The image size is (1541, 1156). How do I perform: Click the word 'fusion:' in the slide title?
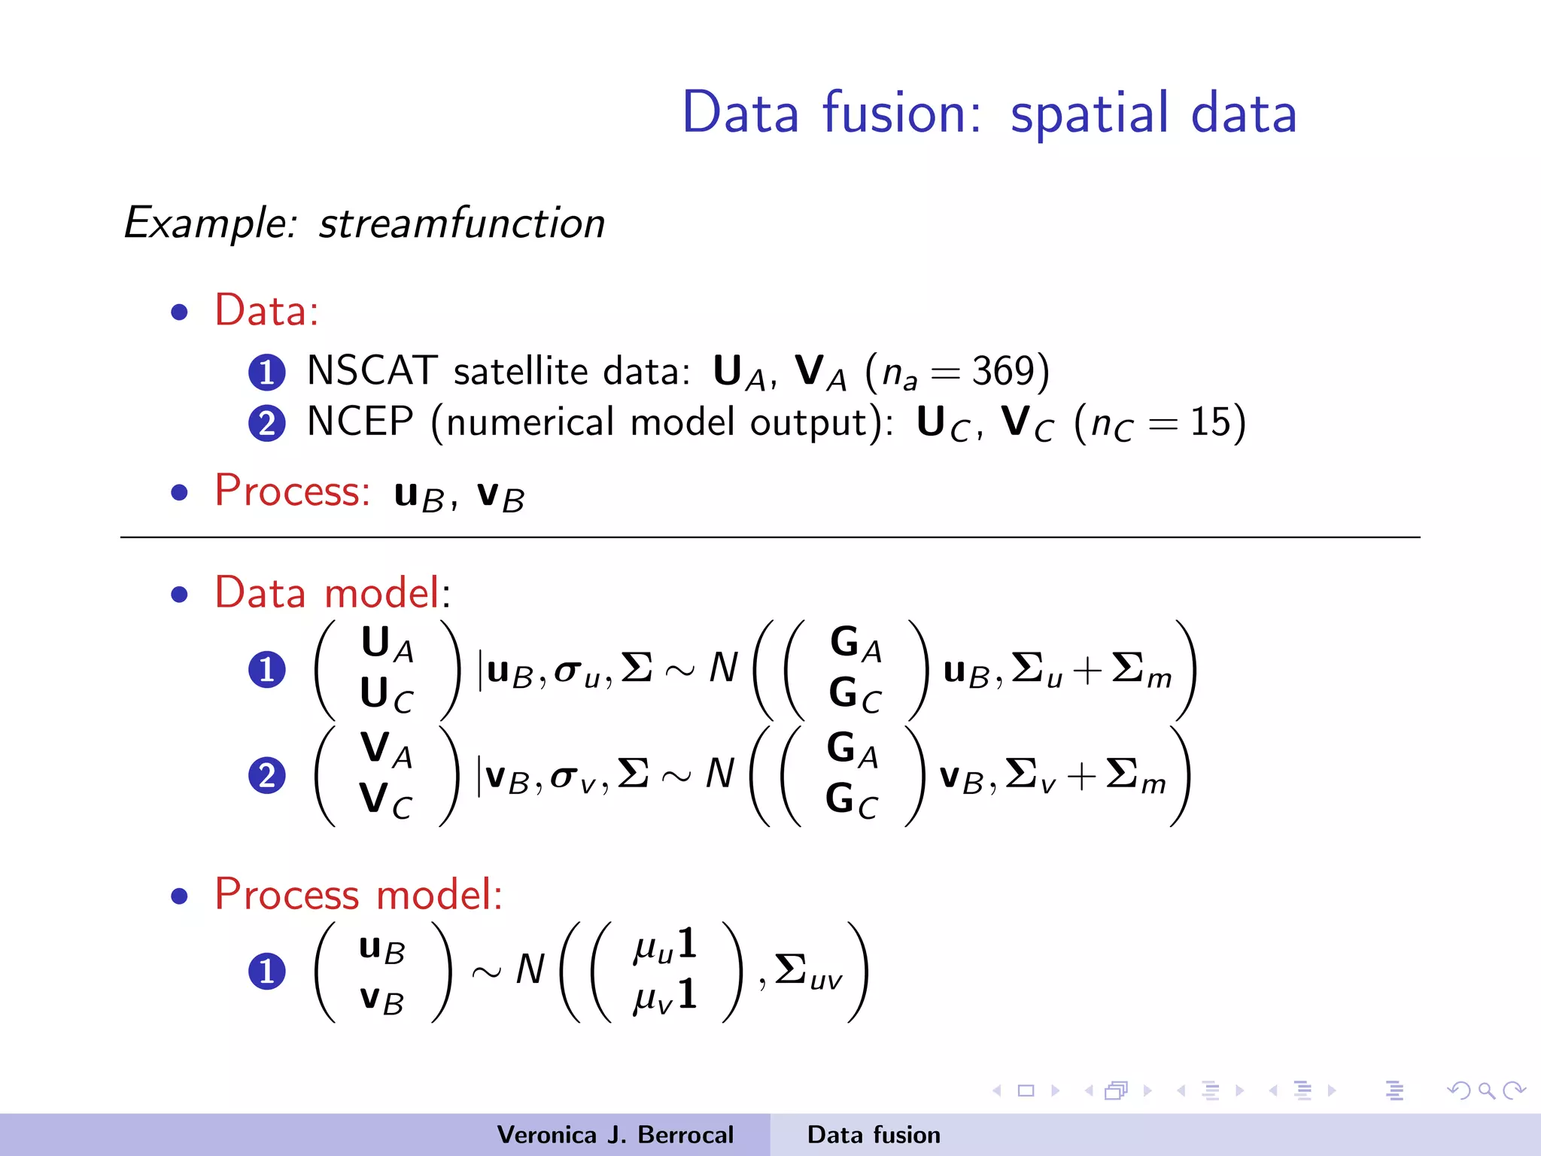coord(901,113)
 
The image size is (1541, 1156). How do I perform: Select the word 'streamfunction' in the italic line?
coord(461,224)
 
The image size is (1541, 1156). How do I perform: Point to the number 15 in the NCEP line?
coord(1211,421)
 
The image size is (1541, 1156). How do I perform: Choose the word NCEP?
coord(360,421)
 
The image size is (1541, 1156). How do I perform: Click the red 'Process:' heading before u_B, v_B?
coord(292,491)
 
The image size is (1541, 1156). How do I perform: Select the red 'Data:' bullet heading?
coord(266,310)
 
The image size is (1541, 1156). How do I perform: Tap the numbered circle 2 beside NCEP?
coord(266,423)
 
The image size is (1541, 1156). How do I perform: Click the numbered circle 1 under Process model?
coord(266,971)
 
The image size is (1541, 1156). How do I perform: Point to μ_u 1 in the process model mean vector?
coord(665,946)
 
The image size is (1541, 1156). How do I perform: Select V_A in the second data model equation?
coord(386,749)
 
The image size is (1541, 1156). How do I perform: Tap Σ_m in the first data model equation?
coord(1141,670)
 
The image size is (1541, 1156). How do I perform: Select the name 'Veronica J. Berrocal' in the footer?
coord(615,1135)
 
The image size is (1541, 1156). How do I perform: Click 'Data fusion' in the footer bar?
coord(873,1135)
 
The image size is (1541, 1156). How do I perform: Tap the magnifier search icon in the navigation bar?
coord(1486,1091)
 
